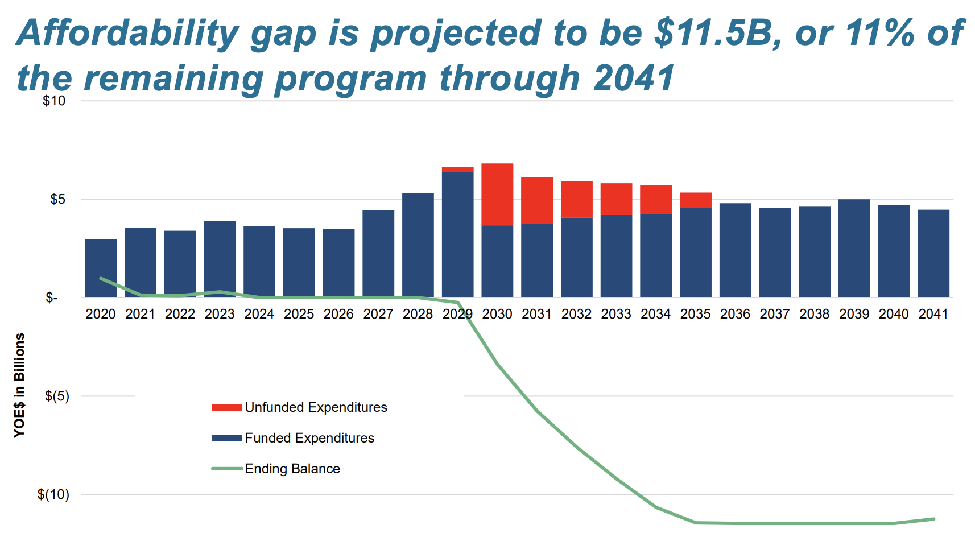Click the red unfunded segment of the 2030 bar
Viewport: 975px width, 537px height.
[497, 194]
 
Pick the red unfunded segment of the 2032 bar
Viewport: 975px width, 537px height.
[576, 199]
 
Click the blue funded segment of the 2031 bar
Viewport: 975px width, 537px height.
[536, 260]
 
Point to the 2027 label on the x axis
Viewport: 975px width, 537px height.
[378, 314]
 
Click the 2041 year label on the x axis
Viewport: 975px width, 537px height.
[933, 314]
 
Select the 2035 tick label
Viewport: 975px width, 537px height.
[695, 314]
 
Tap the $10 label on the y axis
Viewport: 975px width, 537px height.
[54, 101]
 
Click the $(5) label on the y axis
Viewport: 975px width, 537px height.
[57, 396]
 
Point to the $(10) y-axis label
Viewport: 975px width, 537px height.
[53, 494]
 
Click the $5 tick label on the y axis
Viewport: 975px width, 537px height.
[57, 200]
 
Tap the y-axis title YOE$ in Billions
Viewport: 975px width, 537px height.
[20, 385]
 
